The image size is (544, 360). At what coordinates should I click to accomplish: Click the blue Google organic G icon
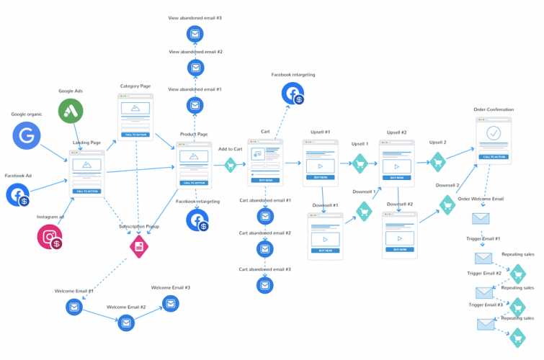pyautogui.click(x=27, y=135)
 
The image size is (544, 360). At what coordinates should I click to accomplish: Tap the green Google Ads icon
pyautogui.click(x=71, y=111)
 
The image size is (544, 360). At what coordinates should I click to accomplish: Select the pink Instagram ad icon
pyautogui.click(x=50, y=236)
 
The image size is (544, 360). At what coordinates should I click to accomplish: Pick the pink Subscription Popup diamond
pyautogui.click(x=138, y=246)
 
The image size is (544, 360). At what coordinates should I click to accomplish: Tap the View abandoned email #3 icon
pyautogui.click(x=195, y=33)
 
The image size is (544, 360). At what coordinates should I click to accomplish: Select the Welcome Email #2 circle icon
pyautogui.click(x=126, y=323)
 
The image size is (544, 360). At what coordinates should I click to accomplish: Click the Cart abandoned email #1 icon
pyautogui.click(x=265, y=216)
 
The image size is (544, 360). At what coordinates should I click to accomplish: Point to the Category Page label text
pyautogui.click(x=135, y=86)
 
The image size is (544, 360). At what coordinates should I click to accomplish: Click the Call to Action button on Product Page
pyautogui.click(x=193, y=184)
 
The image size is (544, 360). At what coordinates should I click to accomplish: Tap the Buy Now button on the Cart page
pyautogui.click(x=265, y=180)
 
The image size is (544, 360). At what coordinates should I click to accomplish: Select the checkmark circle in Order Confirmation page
pyautogui.click(x=494, y=133)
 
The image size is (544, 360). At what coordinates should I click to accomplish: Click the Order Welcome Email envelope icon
pyautogui.click(x=481, y=219)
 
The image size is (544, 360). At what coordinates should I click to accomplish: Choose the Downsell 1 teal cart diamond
pyautogui.click(x=364, y=211)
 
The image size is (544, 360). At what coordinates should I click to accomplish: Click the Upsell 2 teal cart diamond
pyautogui.click(x=438, y=162)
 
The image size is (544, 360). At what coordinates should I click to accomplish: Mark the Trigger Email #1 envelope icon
pyautogui.click(x=483, y=258)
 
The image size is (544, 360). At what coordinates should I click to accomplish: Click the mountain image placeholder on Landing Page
pyautogui.click(x=87, y=166)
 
